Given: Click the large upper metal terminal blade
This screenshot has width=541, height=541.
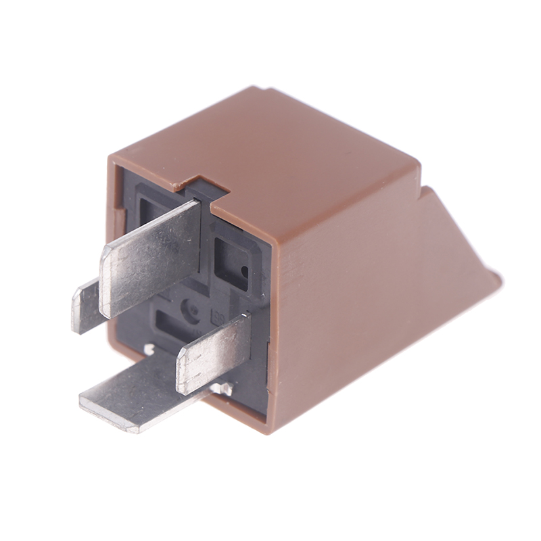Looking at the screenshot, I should point(152,257).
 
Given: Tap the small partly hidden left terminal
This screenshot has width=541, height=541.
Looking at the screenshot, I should point(85,308).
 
